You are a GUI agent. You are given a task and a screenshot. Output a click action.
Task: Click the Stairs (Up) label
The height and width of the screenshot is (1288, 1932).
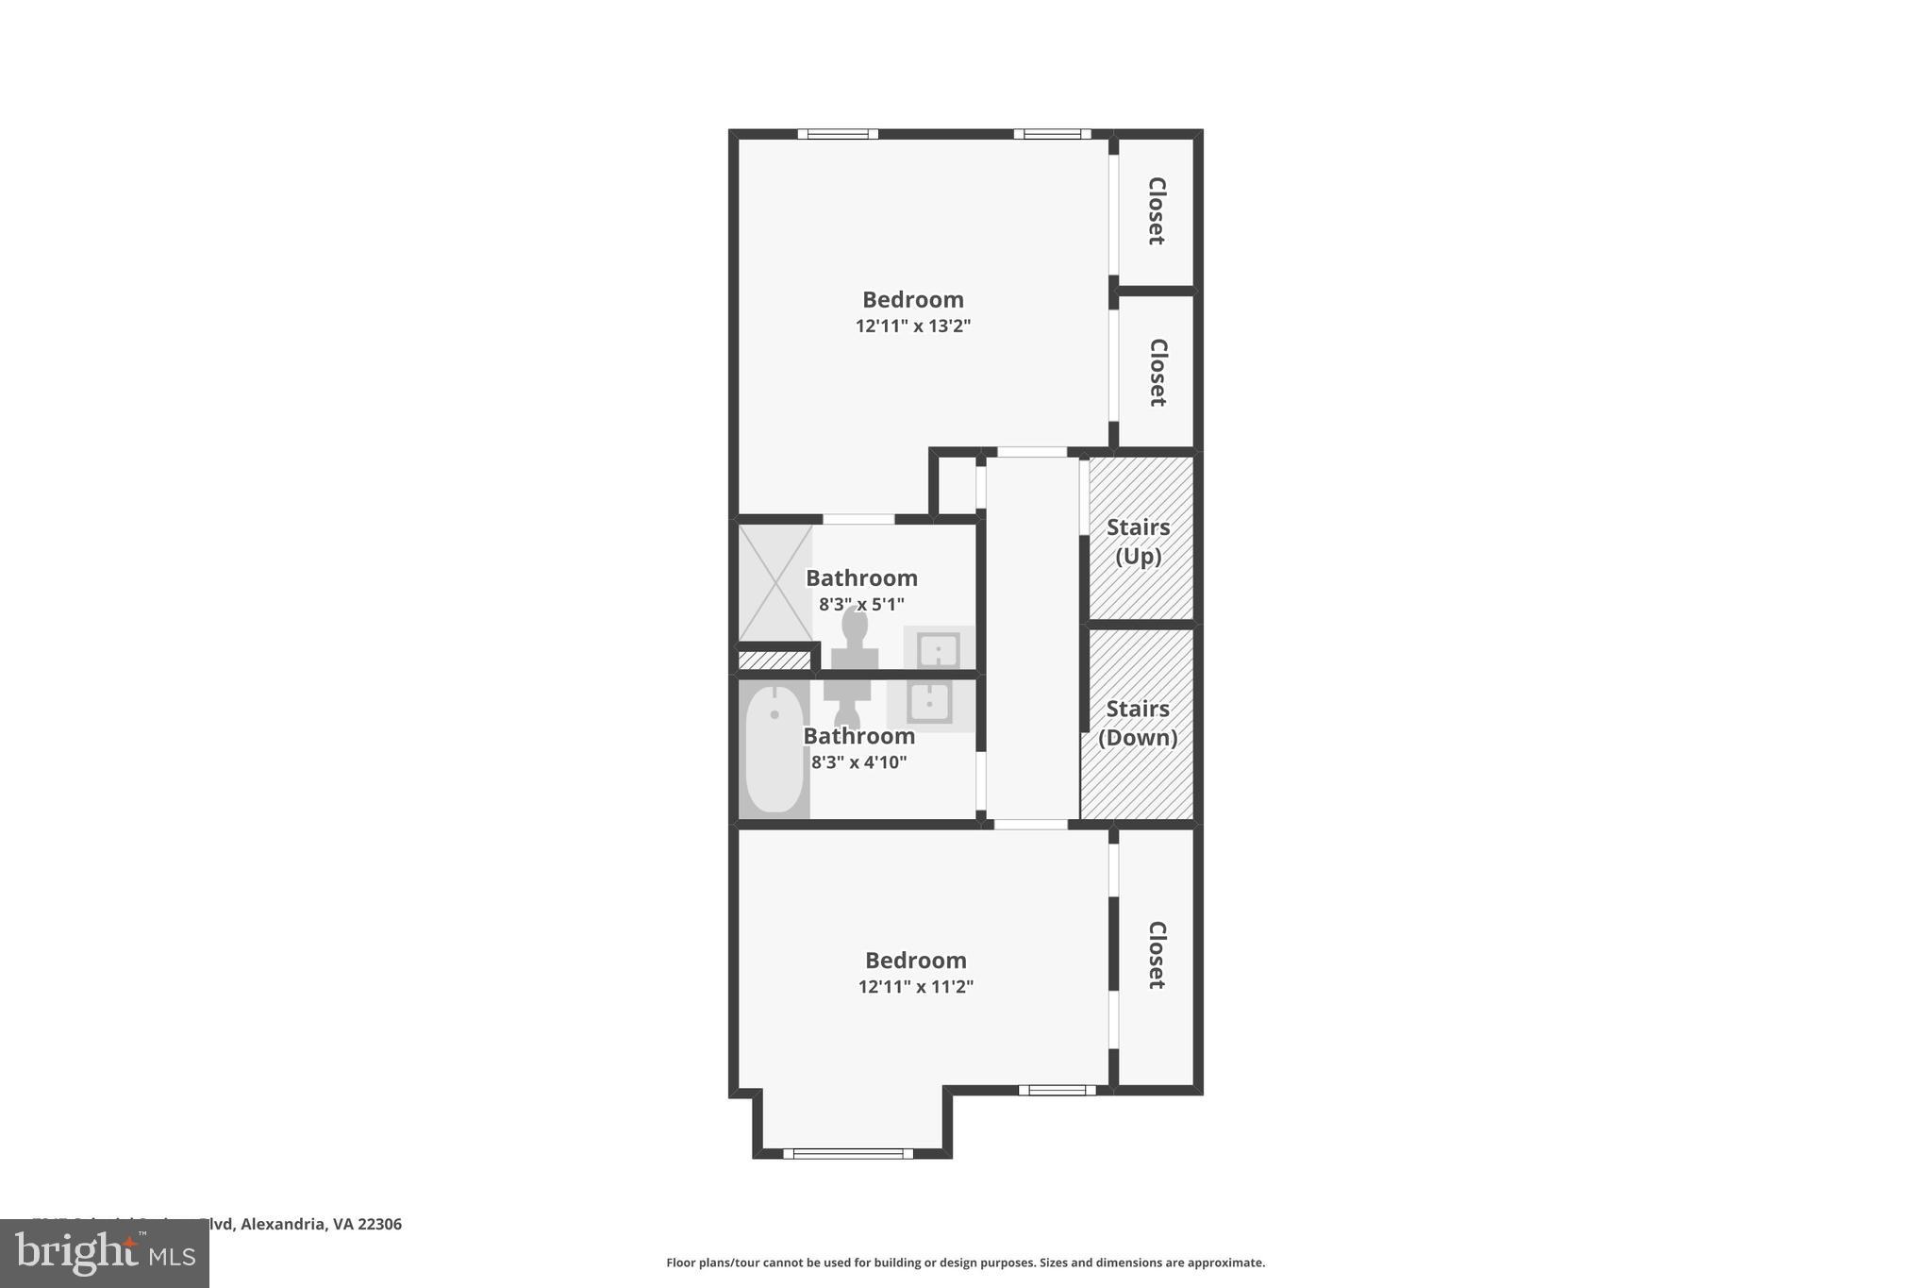pos(1138,542)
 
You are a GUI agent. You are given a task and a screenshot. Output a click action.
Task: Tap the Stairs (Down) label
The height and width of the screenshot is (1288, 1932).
pos(1138,723)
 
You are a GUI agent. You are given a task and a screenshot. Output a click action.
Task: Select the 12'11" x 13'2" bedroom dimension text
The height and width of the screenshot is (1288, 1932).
pos(913,326)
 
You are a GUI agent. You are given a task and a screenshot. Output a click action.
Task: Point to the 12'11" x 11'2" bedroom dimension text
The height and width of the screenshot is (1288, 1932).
pos(915,987)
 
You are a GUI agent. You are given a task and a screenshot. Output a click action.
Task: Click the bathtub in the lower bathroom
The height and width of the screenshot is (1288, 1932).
pos(774,749)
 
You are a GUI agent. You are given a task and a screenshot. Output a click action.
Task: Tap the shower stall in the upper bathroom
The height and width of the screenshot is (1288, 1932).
pos(774,583)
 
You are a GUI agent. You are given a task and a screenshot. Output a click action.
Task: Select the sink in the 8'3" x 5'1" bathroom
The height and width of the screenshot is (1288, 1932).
pos(939,649)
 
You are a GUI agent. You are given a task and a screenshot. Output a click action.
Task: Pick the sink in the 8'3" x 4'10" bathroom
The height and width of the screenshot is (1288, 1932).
pos(930,703)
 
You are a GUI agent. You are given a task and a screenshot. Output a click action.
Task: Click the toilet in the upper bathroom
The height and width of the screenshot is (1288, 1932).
pos(855,638)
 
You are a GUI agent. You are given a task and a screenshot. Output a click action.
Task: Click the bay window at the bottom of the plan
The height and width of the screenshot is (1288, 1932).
pos(848,1153)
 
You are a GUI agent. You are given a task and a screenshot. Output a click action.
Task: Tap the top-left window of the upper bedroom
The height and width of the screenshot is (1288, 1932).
pos(838,134)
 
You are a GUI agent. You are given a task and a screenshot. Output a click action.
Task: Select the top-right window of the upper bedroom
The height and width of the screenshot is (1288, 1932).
pos(1052,134)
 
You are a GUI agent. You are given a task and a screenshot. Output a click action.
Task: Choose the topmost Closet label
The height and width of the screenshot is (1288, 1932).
pos(1157,210)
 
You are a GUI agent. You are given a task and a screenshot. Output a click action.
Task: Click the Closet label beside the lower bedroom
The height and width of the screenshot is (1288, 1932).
pos(1157,955)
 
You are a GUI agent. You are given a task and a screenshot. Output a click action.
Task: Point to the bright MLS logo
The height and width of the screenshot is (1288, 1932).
pos(105,1254)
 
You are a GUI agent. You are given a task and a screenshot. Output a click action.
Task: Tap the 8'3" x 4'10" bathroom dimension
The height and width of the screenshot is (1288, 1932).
pos(858,762)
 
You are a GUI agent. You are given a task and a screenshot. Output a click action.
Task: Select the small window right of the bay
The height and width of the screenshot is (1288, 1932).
pos(1057,1090)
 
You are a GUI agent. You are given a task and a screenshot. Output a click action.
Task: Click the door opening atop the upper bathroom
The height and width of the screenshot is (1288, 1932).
pos(858,519)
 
